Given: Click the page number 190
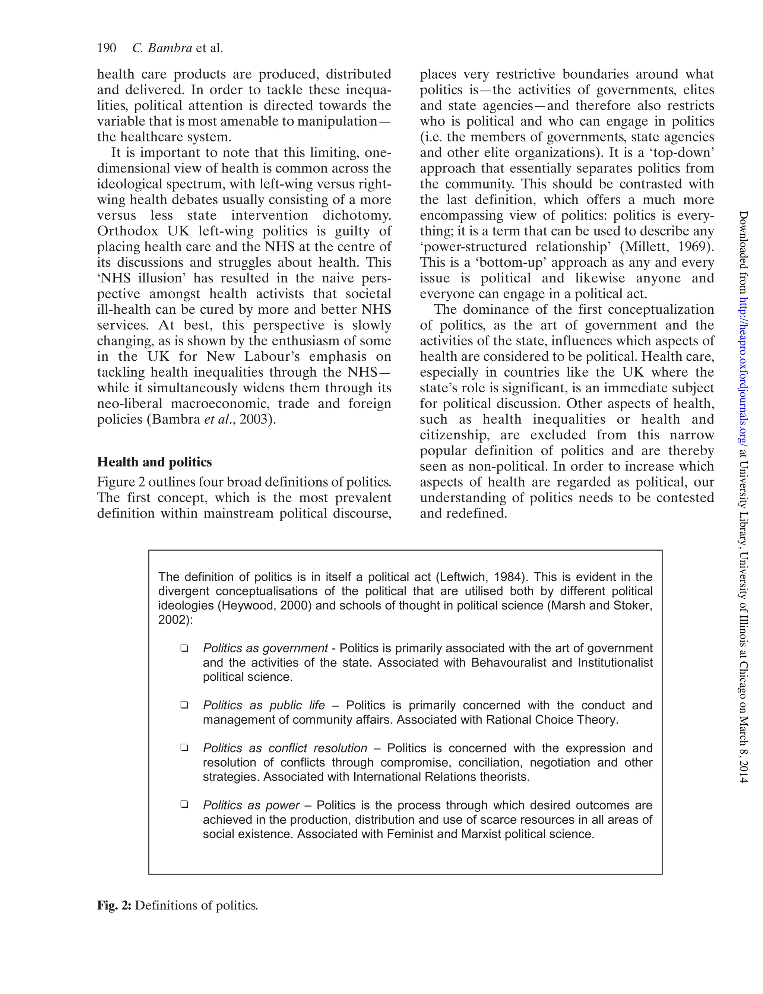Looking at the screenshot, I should tap(107, 48).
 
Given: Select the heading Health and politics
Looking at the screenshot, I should tap(154, 462).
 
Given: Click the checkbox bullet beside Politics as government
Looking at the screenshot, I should tap(184, 648).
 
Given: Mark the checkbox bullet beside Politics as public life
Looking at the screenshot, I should tap(184, 705).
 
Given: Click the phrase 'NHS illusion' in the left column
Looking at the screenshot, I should tap(141, 278).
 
